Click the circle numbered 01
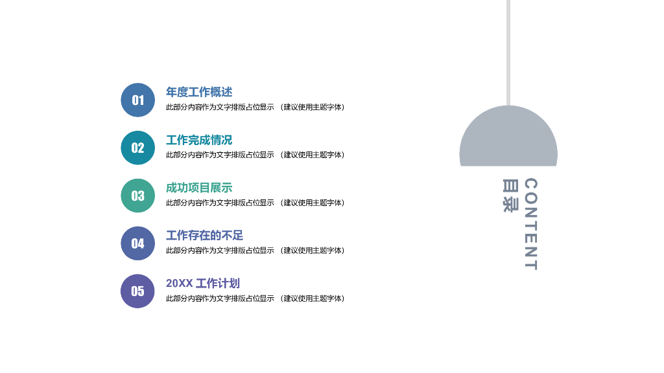click(138, 100)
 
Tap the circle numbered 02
click(138, 148)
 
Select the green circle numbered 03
click(138, 196)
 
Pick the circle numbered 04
click(138, 243)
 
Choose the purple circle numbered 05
click(138, 291)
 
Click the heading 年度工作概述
click(199, 93)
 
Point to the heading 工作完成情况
click(199, 141)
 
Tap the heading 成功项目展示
click(199, 188)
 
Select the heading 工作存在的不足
click(205, 236)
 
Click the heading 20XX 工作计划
click(203, 284)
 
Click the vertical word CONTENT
click(530, 224)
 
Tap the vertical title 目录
click(510, 196)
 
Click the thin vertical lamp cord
click(508, 52)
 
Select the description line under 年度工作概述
click(255, 107)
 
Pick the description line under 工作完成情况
click(255, 155)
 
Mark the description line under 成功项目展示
click(255, 203)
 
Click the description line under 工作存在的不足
click(255, 251)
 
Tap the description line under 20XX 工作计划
click(255, 299)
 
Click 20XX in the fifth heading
click(179, 284)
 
